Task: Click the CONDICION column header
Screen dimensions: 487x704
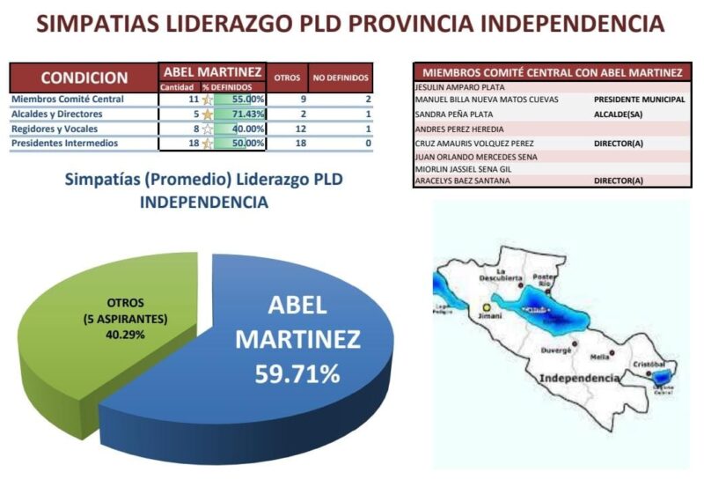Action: coord(84,77)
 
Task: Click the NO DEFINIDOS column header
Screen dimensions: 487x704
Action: coord(342,77)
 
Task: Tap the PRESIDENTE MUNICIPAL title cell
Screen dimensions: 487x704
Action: coord(640,100)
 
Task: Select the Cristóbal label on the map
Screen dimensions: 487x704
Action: coord(649,363)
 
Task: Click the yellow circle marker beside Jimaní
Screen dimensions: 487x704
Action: coord(485,307)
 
